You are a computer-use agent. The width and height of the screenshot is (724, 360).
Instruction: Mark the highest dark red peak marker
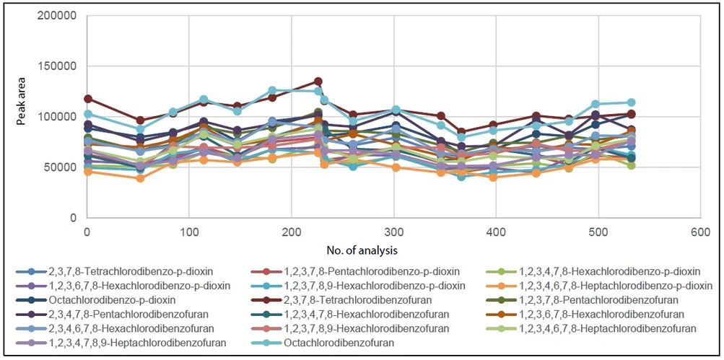(x=318, y=82)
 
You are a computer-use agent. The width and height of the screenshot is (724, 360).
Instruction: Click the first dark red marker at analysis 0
(x=87, y=99)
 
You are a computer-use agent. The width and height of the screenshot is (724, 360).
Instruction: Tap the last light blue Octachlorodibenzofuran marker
(x=631, y=102)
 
